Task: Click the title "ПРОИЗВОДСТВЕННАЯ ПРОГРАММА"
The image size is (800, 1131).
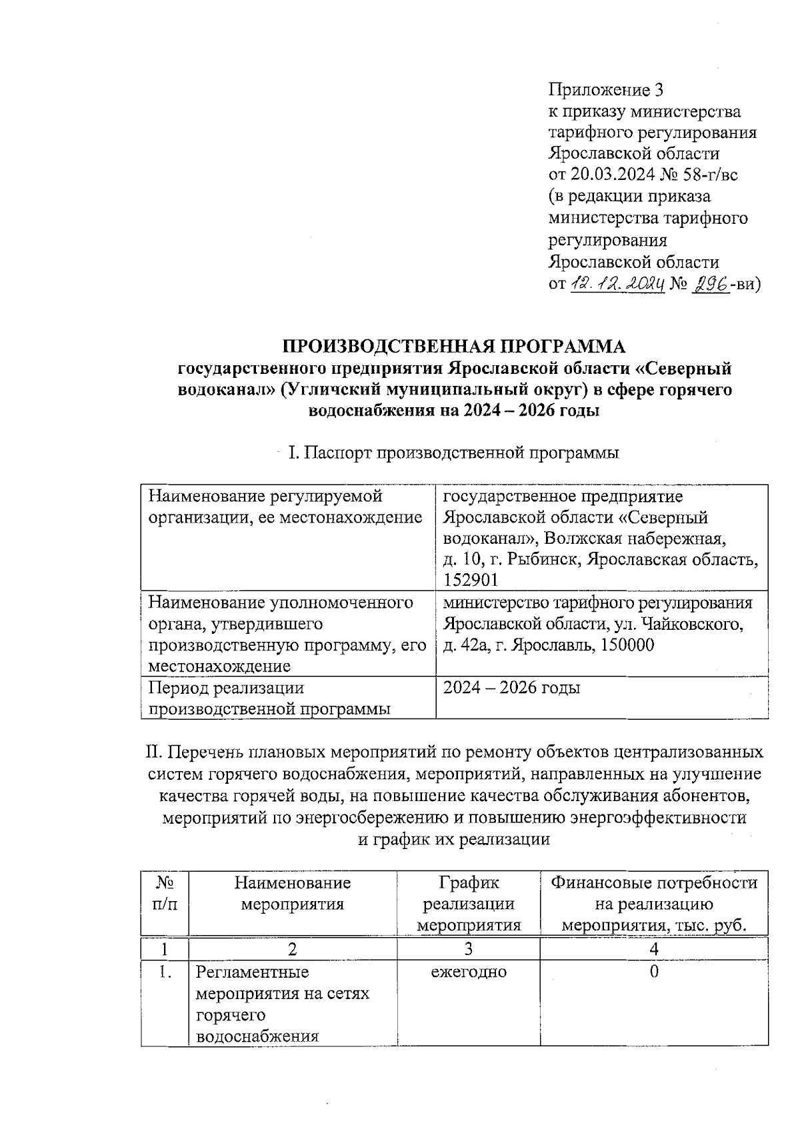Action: [x=455, y=347]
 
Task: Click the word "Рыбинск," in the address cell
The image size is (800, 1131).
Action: [x=551, y=559]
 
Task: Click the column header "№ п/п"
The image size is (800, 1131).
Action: [x=165, y=894]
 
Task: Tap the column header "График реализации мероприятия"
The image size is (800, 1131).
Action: [x=469, y=904]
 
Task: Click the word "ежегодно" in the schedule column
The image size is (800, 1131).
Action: [x=469, y=972]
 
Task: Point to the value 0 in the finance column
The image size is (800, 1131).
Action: [x=654, y=972]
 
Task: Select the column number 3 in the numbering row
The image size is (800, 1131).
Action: [x=469, y=948]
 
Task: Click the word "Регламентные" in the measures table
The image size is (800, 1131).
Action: [x=253, y=972]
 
